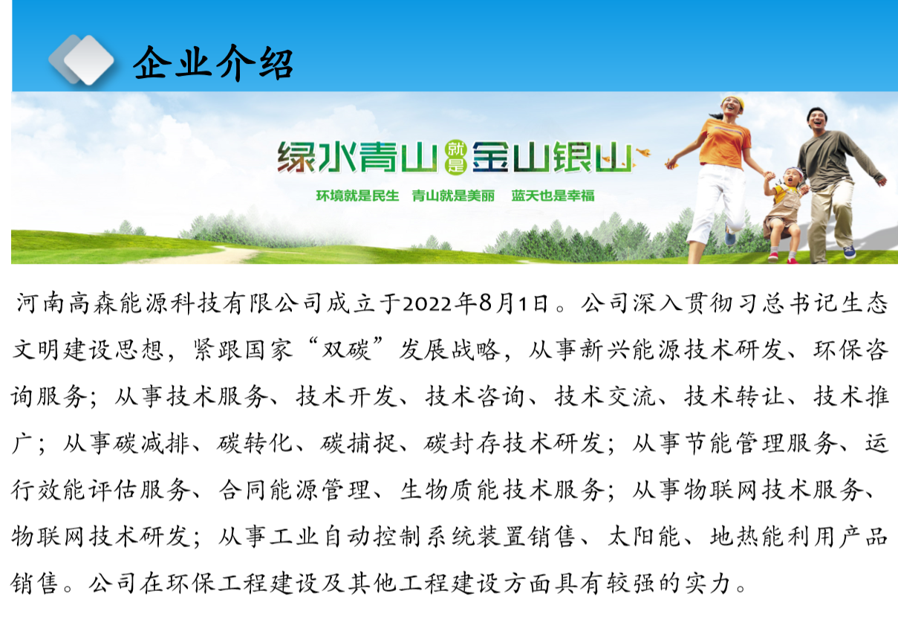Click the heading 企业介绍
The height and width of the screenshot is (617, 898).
(213, 63)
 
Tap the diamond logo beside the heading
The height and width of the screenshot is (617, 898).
(82, 59)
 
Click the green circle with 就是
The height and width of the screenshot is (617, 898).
(456, 158)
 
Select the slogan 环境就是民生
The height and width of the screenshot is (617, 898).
(357, 196)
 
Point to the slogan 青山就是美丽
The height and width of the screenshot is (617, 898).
(453, 196)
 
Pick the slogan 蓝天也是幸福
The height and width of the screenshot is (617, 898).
(553, 196)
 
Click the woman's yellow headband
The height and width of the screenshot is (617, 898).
(735, 102)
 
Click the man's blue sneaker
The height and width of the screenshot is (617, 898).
(849, 252)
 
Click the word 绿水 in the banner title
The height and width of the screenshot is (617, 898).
(316, 158)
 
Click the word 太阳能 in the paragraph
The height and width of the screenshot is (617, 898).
(644, 537)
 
